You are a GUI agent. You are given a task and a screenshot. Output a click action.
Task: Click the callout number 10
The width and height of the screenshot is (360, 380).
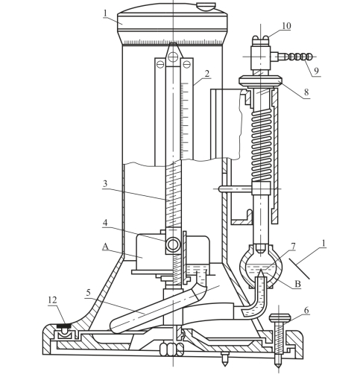[286, 26]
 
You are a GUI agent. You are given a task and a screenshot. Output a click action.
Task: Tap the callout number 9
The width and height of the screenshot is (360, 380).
[316, 71]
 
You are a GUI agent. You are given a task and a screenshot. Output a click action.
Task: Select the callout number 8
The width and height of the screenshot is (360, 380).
[306, 92]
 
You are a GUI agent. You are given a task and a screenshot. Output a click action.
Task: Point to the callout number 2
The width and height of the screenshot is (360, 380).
[206, 74]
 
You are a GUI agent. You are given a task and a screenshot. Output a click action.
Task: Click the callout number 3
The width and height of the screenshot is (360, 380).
[105, 184]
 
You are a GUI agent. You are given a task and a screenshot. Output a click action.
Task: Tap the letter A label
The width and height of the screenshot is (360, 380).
[105, 247]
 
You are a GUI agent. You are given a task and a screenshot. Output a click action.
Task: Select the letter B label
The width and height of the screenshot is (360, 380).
[297, 284]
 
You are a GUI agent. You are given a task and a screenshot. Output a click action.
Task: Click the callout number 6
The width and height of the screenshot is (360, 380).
[306, 311]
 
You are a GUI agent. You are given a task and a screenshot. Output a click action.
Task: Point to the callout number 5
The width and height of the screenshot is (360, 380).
[89, 293]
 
